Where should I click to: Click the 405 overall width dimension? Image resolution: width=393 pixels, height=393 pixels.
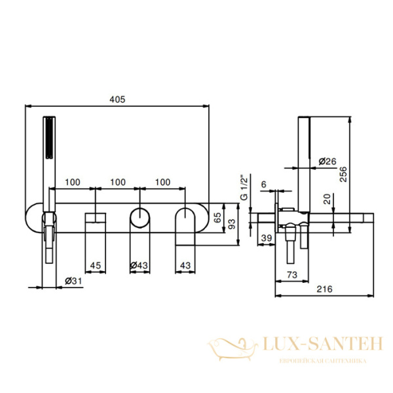point(117,100)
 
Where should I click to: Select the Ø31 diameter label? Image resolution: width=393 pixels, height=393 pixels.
point(73,281)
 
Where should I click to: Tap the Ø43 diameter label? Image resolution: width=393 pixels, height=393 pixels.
point(140,265)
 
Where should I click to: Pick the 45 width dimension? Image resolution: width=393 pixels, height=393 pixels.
point(96,265)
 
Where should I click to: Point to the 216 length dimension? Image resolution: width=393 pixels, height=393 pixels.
point(325,289)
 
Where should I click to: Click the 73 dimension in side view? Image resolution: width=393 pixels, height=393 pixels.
point(292,274)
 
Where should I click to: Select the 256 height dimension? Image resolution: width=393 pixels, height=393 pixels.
point(343,174)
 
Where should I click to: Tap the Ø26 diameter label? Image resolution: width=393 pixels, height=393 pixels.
point(327,161)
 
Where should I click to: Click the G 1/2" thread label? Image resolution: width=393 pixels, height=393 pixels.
point(244,187)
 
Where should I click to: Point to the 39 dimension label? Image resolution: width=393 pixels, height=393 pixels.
point(267,238)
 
